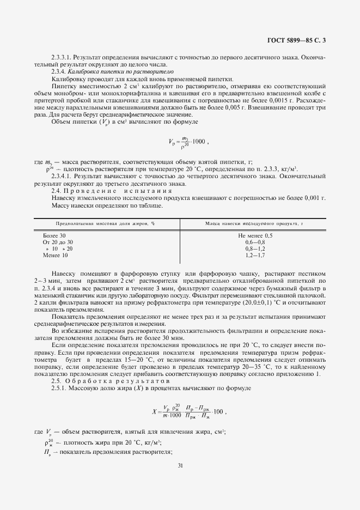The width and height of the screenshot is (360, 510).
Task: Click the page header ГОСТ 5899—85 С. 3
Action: (x=300, y=39)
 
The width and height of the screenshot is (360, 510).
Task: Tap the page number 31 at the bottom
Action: (x=180, y=465)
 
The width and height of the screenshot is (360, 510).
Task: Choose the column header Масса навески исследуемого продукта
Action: (x=254, y=224)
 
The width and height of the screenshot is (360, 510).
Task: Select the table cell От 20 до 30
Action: (x=58, y=242)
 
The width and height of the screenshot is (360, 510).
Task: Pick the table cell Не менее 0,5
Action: (x=255, y=235)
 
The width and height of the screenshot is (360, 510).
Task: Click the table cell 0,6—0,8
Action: (x=255, y=242)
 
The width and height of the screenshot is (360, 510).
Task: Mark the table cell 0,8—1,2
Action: (x=255, y=248)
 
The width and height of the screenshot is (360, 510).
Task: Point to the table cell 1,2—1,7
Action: (x=255, y=255)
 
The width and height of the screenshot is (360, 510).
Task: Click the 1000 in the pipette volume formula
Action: (x=198, y=141)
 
